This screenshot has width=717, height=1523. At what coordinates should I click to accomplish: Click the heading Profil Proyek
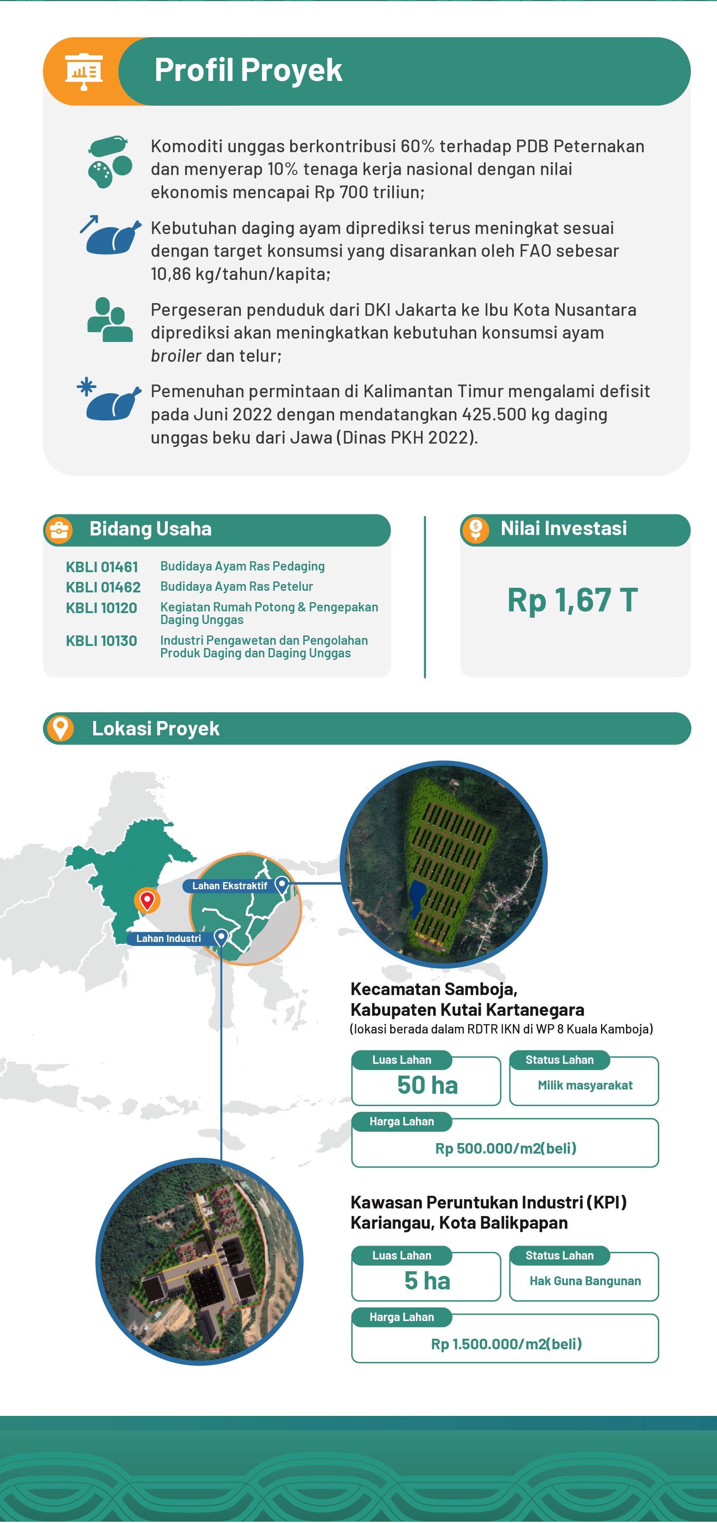(248, 70)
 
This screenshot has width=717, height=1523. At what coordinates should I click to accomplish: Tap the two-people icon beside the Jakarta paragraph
(109, 320)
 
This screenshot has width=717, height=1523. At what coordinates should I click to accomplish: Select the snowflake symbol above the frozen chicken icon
(86, 387)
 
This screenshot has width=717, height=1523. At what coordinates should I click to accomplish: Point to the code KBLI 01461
(102, 567)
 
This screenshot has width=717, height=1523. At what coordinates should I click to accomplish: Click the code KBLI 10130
(101, 641)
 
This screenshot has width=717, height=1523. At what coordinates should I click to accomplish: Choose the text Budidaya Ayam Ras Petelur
(236, 587)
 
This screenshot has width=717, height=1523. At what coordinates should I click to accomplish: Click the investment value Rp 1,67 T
(572, 600)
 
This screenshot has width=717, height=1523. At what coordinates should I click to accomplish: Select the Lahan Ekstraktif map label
(229, 885)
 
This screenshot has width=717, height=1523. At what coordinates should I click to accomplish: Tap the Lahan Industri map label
(169, 938)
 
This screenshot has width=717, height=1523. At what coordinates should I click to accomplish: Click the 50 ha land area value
(427, 1085)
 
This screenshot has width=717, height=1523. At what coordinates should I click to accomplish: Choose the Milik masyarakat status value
(585, 1085)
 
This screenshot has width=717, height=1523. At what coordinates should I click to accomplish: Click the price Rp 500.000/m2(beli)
(505, 1148)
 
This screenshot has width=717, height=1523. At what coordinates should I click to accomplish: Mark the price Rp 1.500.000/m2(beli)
(506, 1344)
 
